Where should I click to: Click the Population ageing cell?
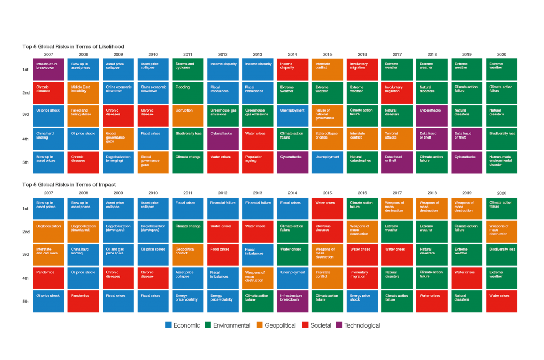coord(258,162)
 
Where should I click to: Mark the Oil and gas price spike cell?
coord(118,255)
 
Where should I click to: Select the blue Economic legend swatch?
coord(168,325)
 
